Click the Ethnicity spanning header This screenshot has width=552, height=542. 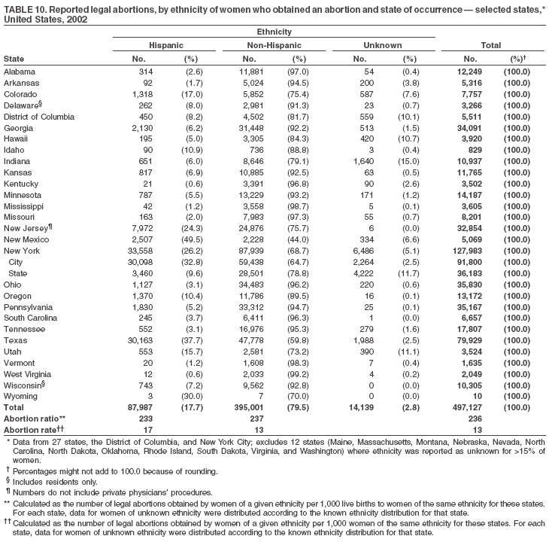click(x=274, y=32)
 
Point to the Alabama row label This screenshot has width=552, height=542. click(x=21, y=71)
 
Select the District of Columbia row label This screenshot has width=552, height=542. click(x=39, y=117)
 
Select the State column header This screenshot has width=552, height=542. click(x=14, y=58)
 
